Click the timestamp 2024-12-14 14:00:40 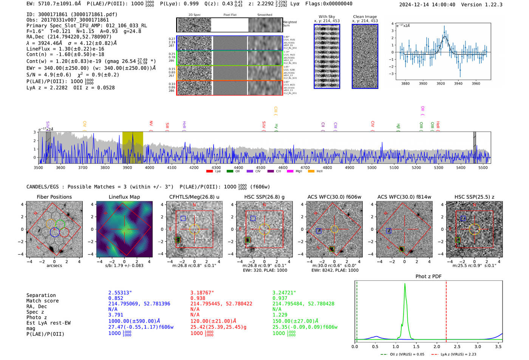(x=427, y=5)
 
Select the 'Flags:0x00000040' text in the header (x=329, y=4)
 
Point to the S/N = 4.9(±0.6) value (x=49, y=75)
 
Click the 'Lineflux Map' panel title (x=124, y=197)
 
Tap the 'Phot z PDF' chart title (x=428, y=277)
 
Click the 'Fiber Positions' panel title (x=54, y=197)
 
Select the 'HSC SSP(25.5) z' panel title (x=474, y=197)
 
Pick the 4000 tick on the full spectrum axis (x=150, y=168)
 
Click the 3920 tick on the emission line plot (x=441, y=83)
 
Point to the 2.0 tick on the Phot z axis (x=436, y=346)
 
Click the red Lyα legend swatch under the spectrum (x=209, y=172)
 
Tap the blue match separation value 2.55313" (x=120, y=293)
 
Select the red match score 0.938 (x=198, y=298)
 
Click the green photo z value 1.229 (x=280, y=315)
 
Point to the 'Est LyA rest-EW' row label (x=48, y=323)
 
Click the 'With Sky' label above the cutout (x=326, y=17)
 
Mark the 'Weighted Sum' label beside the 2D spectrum (x=289, y=24)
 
